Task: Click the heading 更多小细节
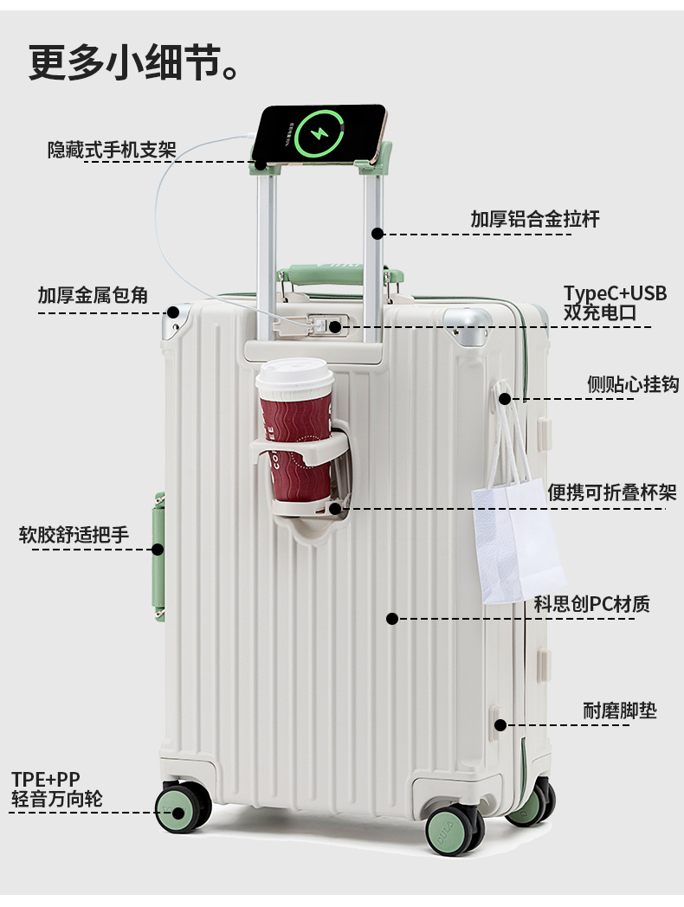pyautogui.click(x=132, y=62)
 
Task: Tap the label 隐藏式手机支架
pyautogui.click(x=112, y=150)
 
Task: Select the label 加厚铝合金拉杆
pyautogui.click(x=534, y=219)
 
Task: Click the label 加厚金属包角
pyautogui.click(x=93, y=295)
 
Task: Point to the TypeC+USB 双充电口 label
pyautogui.click(x=615, y=303)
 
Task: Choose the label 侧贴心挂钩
pyautogui.click(x=633, y=384)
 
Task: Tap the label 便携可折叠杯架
pyautogui.click(x=612, y=492)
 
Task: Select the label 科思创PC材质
pyautogui.click(x=591, y=604)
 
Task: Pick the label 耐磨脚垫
pyautogui.click(x=620, y=711)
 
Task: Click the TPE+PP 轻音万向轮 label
pyautogui.click(x=57, y=788)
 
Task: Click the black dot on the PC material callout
pyautogui.click(x=391, y=619)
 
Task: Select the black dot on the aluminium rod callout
pyautogui.click(x=377, y=233)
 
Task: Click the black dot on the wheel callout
pyautogui.click(x=178, y=813)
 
